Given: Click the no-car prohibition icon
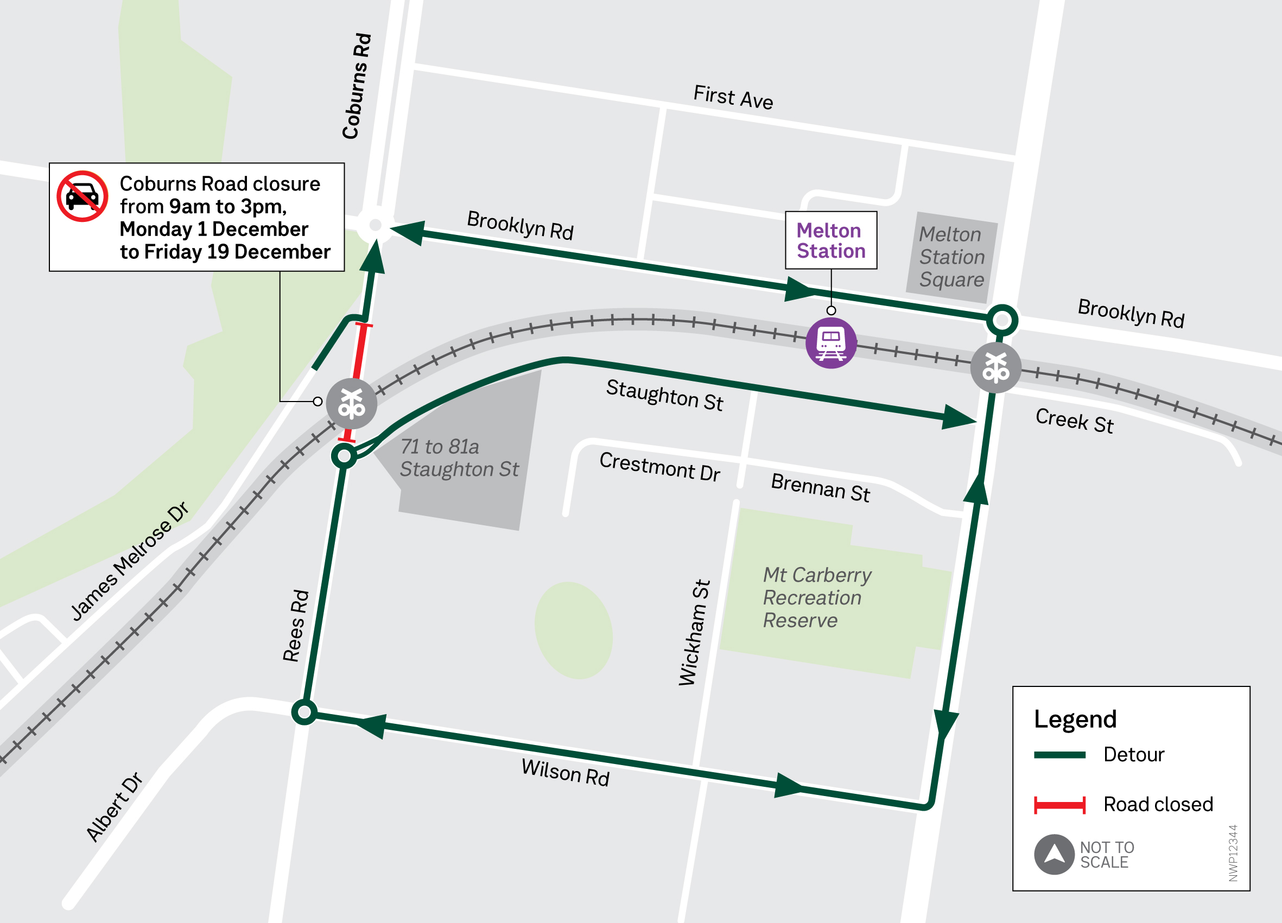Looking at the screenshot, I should [82, 196].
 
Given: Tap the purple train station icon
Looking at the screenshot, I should [830, 342].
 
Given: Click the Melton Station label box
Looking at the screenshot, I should [830, 240].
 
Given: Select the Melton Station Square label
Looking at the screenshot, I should [951, 257].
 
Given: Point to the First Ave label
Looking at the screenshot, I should [733, 97].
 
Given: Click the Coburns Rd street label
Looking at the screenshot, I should [357, 86].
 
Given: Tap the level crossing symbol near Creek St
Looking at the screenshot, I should [995, 367].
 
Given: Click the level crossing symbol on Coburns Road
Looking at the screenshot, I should [351, 404].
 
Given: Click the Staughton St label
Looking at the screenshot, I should [664, 395].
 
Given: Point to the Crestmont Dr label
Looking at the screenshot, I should [659, 467].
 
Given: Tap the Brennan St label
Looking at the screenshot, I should [820, 487].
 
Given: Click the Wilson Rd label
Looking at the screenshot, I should [564, 772].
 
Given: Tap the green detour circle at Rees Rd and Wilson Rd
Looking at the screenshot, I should [304, 711].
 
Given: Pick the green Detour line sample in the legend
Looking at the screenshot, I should [1059, 755].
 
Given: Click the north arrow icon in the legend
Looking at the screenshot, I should [1053, 854].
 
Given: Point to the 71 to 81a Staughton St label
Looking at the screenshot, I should [459, 458].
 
